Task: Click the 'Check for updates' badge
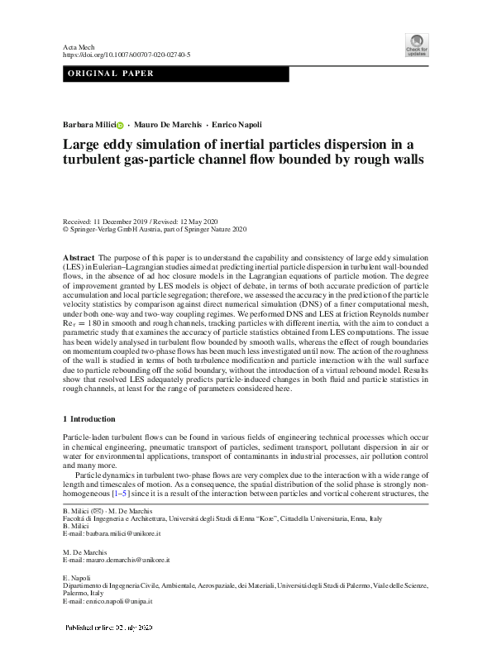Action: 416,45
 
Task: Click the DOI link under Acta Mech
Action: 127,55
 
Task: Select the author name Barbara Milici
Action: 89,125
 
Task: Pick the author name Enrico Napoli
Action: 235,125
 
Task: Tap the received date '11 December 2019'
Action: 125,222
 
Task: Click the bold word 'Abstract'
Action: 79,259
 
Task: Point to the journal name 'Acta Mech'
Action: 79,45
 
